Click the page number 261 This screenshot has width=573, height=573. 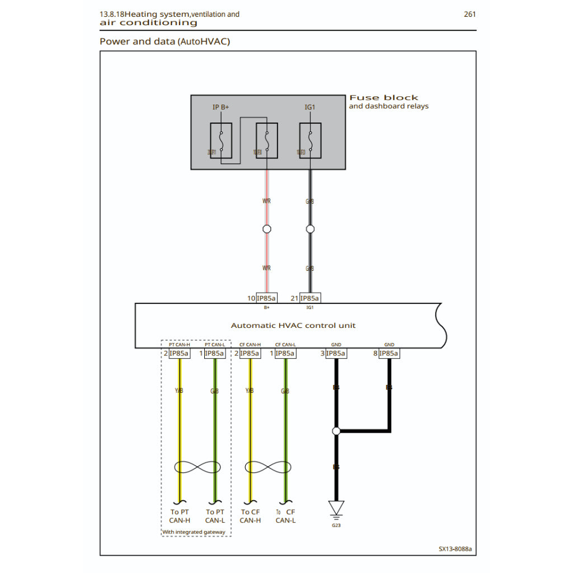point(469,14)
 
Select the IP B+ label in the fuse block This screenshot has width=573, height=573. point(220,107)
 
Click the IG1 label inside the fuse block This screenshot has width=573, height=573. point(311,107)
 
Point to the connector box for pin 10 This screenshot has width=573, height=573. point(266,298)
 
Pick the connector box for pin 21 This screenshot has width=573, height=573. point(310,298)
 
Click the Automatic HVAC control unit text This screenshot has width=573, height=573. point(293,325)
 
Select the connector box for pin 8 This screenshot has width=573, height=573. point(389,354)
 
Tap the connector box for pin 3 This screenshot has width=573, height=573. point(336,354)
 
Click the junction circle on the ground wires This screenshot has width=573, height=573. point(336,431)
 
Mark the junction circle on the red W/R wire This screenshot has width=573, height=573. point(267,229)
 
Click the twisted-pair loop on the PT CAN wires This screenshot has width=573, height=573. point(197,467)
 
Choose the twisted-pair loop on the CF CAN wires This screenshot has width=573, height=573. point(267,467)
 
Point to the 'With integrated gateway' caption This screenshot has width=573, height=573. point(194,532)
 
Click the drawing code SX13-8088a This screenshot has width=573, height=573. point(455,549)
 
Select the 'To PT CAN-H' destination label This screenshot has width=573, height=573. point(180,516)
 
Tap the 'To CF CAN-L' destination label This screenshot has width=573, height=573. point(285,516)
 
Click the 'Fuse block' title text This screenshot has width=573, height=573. point(384,98)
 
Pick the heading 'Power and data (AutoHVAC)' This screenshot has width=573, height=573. point(165,41)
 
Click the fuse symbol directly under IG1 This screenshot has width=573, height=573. point(311,140)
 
